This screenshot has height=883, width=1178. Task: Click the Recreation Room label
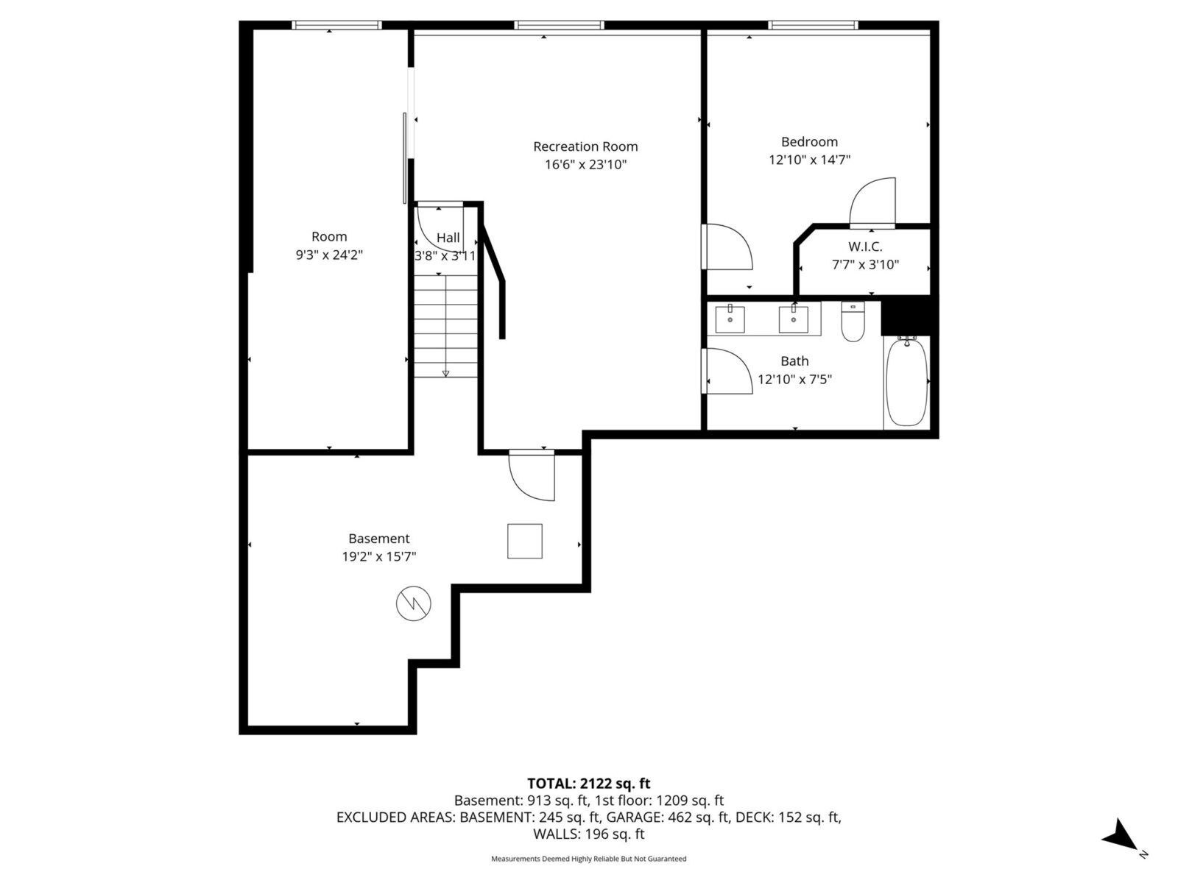pyautogui.click(x=585, y=146)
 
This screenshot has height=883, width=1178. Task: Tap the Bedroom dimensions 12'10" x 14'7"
pyautogui.click(x=809, y=160)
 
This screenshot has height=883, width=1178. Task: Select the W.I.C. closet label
pyautogui.click(x=865, y=247)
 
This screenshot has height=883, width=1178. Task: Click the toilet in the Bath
pyautogui.click(x=853, y=323)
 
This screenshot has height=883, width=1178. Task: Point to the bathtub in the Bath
pyautogui.click(x=906, y=381)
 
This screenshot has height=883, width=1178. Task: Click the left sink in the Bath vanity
pyautogui.click(x=730, y=319)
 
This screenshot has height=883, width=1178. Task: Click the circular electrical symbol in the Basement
pyautogui.click(x=413, y=605)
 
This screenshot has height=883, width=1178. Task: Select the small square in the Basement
pyautogui.click(x=524, y=542)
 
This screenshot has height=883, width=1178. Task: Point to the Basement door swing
pyautogui.click(x=532, y=477)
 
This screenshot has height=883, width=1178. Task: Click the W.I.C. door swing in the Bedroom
pyautogui.click(x=873, y=202)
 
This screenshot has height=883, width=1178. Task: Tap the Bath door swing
pyautogui.click(x=727, y=372)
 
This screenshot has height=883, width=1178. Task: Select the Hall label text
pyautogui.click(x=448, y=238)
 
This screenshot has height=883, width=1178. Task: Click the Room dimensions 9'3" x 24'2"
pyautogui.click(x=329, y=255)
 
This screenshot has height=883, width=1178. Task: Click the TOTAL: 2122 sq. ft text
pyautogui.click(x=588, y=784)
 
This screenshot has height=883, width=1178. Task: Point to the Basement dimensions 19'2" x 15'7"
pyautogui.click(x=378, y=557)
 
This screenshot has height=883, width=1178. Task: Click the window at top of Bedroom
pyautogui.click(x=813, y=25)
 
